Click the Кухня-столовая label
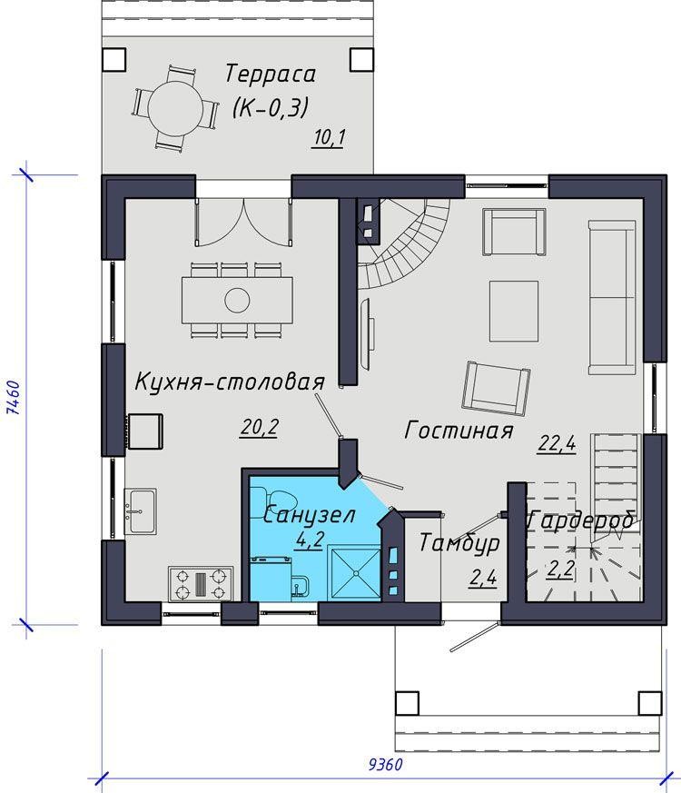pos(229,382)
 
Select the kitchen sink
pos(141,510)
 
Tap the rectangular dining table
pos(237,299)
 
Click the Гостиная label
pos(459,430)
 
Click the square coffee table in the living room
pos(514,311)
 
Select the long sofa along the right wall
pos(612,296)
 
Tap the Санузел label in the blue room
pos(309,515)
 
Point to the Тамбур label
pos(459,543)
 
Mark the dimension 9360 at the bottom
pos(386,764)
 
